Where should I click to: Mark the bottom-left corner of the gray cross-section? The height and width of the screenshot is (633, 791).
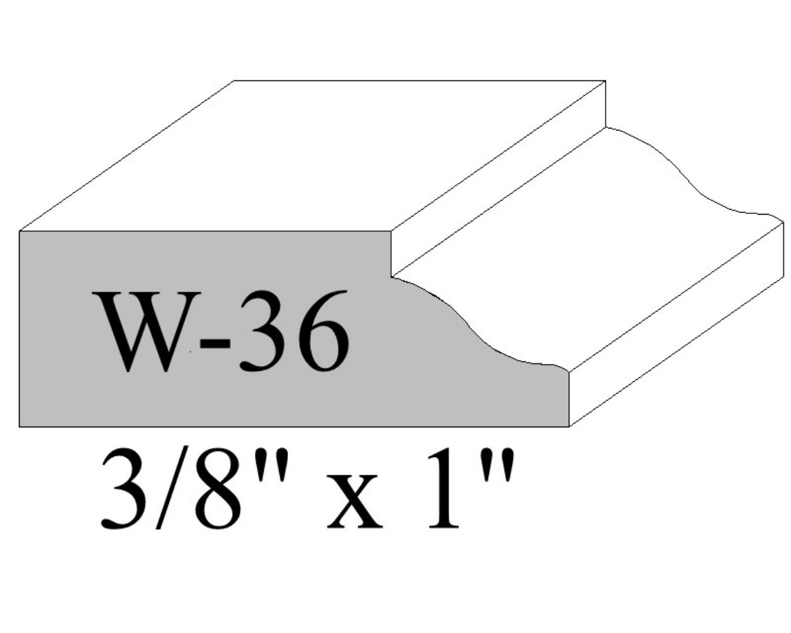coord(20,426)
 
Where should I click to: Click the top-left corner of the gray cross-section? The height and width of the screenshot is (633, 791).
coord(20,232)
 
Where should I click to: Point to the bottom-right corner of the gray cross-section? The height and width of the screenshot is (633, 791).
coord(569,426)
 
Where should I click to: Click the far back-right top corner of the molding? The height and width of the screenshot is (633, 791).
coord(606,81)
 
